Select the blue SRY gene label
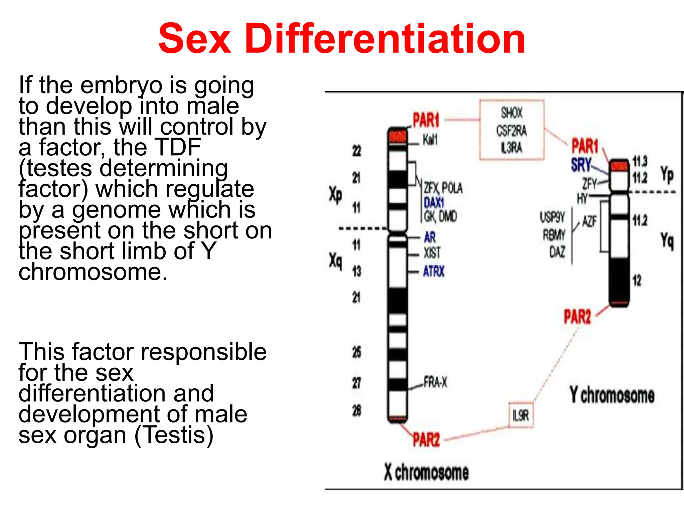point(581,165)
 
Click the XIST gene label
point(432,253)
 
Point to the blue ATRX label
point(434,271)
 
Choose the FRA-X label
point(435,382)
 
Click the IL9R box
point(521,415)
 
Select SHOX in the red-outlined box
point(511,113)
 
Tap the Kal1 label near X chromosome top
point(430,140)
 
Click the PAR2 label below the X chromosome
point(426,440)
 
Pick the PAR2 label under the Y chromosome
point(577,317)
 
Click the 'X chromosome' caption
point(426,472)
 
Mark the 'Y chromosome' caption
point(612,395)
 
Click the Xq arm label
point(335,261)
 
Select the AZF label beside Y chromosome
point(589,221)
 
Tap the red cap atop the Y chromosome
point(619,165)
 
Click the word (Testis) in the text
point(174,435)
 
